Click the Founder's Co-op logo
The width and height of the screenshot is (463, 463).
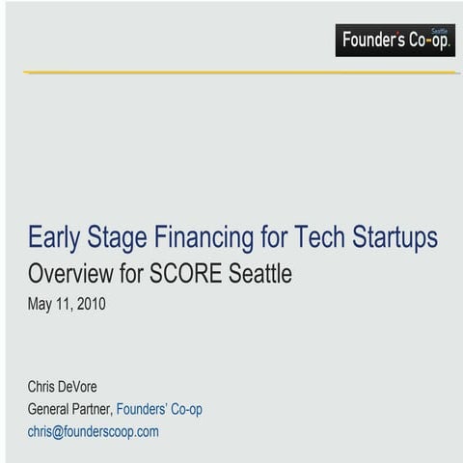(x=395, y=41)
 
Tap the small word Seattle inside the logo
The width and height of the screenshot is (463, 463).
(x=439, y=30)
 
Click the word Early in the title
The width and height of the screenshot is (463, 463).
(x=54, y=237)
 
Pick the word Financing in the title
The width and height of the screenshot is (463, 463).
(x=210, y=237)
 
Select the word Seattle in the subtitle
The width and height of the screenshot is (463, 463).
(x=259, y=274)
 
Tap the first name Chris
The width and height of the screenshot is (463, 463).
(x=43, y=387)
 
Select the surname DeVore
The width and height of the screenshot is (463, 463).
(x=80, y=387)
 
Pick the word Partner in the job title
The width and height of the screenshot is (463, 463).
(x=96, y=409)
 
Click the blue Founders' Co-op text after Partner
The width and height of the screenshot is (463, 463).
(x=159, y=409)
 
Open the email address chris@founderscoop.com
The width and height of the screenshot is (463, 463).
(x=93, y=431)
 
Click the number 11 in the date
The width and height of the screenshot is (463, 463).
(x=65, y=305)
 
